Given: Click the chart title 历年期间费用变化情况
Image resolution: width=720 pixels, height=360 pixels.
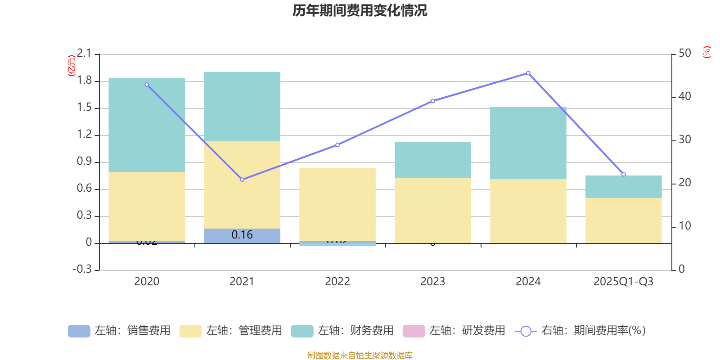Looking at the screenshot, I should pos(360,11).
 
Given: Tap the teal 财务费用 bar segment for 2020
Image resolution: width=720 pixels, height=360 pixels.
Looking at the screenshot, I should pos(147,125).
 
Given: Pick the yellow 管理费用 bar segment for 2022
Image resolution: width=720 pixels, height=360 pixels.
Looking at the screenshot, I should pos(337,205).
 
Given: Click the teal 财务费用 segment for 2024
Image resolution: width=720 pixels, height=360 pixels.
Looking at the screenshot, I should pos(528,143).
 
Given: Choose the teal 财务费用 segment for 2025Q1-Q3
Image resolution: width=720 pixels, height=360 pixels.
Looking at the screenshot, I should pos(623,187).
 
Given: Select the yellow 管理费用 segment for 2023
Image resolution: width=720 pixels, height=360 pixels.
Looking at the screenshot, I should pos(432,210).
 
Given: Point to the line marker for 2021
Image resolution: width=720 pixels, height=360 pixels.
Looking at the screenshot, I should pos(242,180).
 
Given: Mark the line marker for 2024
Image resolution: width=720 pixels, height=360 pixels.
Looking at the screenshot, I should pos(528,73).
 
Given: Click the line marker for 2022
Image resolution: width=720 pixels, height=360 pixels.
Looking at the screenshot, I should pos(337,145).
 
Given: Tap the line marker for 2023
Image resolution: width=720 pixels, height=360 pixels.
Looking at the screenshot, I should pos(433,101).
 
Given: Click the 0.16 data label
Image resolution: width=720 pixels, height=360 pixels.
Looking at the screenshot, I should pos(242,235).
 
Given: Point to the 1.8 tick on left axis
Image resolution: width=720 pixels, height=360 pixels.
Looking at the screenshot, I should pos(84,81).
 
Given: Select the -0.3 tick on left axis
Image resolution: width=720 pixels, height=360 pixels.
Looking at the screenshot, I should pos(82,269).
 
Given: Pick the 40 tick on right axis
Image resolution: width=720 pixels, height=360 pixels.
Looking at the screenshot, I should pos(684,96).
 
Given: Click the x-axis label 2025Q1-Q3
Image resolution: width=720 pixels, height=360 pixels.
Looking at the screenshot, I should pos(623,282).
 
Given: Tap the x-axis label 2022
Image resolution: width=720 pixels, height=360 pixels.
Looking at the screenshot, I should pos(337,282).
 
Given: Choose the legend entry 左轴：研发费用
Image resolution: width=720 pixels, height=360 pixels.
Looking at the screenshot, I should pos(454,331).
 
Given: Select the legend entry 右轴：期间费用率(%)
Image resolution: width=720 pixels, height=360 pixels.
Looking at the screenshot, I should pos(580,331).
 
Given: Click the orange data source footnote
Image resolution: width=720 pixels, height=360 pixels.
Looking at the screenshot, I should pos(360,355).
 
